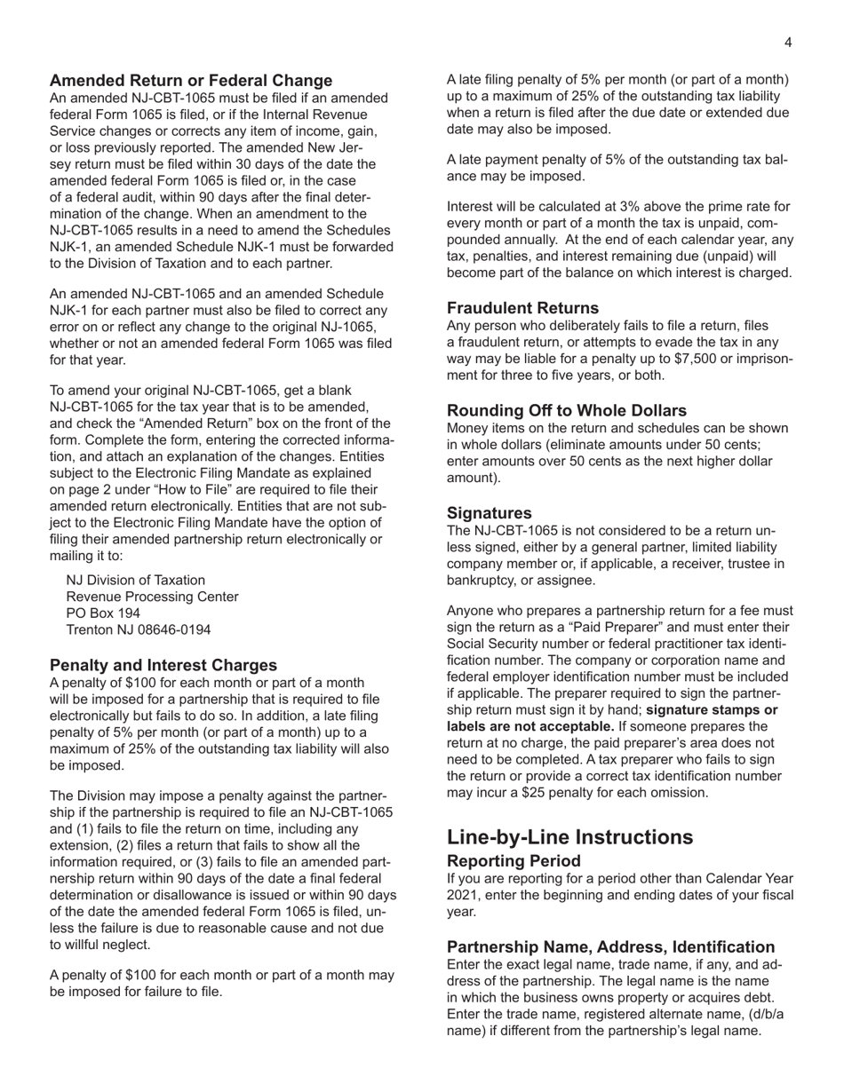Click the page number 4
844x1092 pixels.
click(x=788, y=43)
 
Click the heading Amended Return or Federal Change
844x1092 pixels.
click(x=191, y=81)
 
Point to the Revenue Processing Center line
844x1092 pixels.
click(x=153, y=597)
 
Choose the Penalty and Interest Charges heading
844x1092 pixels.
click(x=163, y=665)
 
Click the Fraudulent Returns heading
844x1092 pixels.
click(x=522, y=308)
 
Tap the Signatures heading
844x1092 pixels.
click(x=490, y=513)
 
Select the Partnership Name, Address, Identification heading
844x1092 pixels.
click(x=610, y=946)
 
